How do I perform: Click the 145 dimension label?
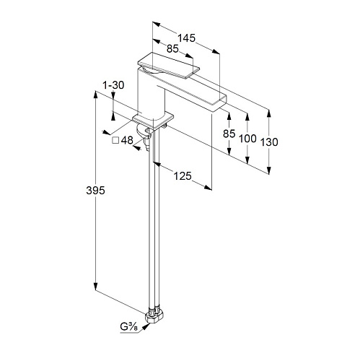[x=186, y=38]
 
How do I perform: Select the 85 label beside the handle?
[x=172, y=48]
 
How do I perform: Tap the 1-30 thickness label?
[x=113, y=85]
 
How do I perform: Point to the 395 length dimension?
[x=96, y=191]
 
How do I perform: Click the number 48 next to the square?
[x=127, y=140]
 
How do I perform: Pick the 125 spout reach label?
[x=183, y=176]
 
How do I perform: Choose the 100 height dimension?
[x=247, y=139]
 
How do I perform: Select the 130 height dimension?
[x=269, y=142]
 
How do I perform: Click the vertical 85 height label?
[x=229, y=134]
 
